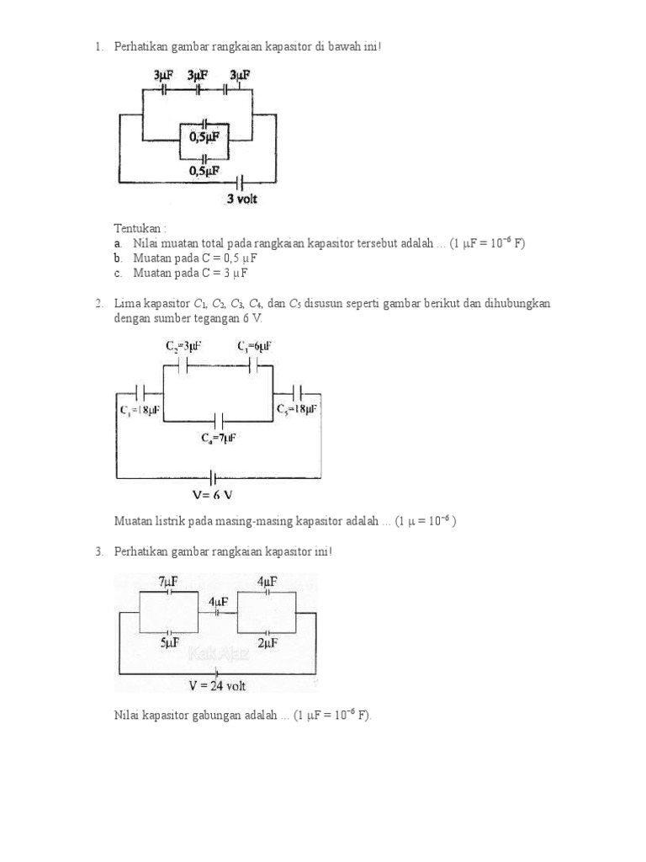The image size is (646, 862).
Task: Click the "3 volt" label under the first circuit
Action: click(x=241, y=200)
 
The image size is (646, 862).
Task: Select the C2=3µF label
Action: click(x=183, y=346)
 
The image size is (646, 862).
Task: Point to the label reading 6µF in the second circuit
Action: click(x=254, y=346)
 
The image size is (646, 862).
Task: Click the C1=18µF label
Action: click(x=139, y=409)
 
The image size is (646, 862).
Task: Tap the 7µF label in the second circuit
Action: click(x=218, y=439)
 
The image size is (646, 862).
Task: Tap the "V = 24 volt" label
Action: click(x=217, y=686)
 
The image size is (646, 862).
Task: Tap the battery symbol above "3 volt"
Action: click(x=241, y=182)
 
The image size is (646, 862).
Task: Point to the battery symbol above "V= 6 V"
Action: click(x=216, y=477)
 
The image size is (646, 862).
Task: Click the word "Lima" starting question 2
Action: click(x=129, y=304)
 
